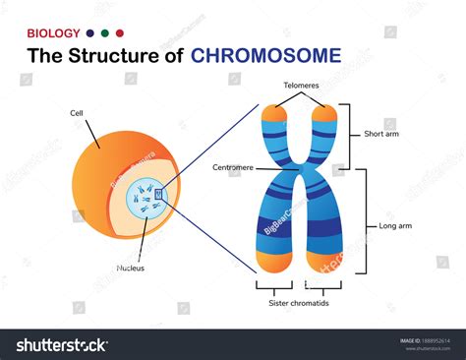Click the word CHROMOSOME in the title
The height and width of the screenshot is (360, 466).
267,54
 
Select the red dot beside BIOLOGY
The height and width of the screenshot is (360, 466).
120,32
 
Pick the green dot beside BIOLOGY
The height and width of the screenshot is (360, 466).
105,32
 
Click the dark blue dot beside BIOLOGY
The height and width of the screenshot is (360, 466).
90,32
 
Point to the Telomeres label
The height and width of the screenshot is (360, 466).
300,86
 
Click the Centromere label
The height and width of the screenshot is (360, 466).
233,168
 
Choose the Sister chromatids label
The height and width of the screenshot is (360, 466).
298,304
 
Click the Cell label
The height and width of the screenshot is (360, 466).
77,112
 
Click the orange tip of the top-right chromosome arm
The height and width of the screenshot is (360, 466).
326,115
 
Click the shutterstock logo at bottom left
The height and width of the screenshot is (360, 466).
61,345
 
